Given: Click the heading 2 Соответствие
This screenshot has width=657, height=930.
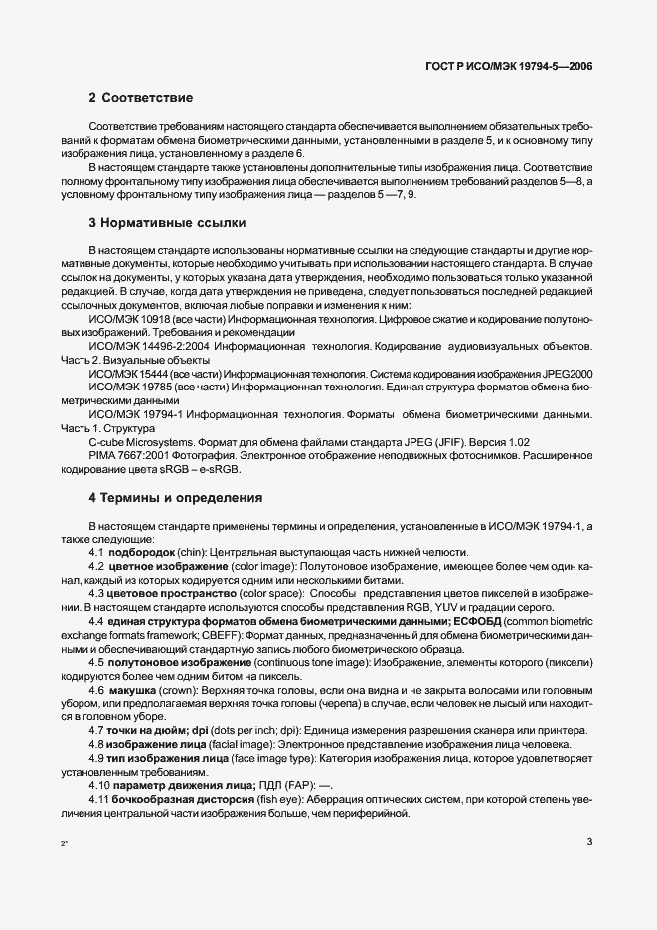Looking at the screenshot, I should pos(140,98).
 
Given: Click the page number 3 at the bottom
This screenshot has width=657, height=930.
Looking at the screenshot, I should pos(589,842).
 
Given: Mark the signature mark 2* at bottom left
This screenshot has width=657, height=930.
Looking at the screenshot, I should pos(64,844).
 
